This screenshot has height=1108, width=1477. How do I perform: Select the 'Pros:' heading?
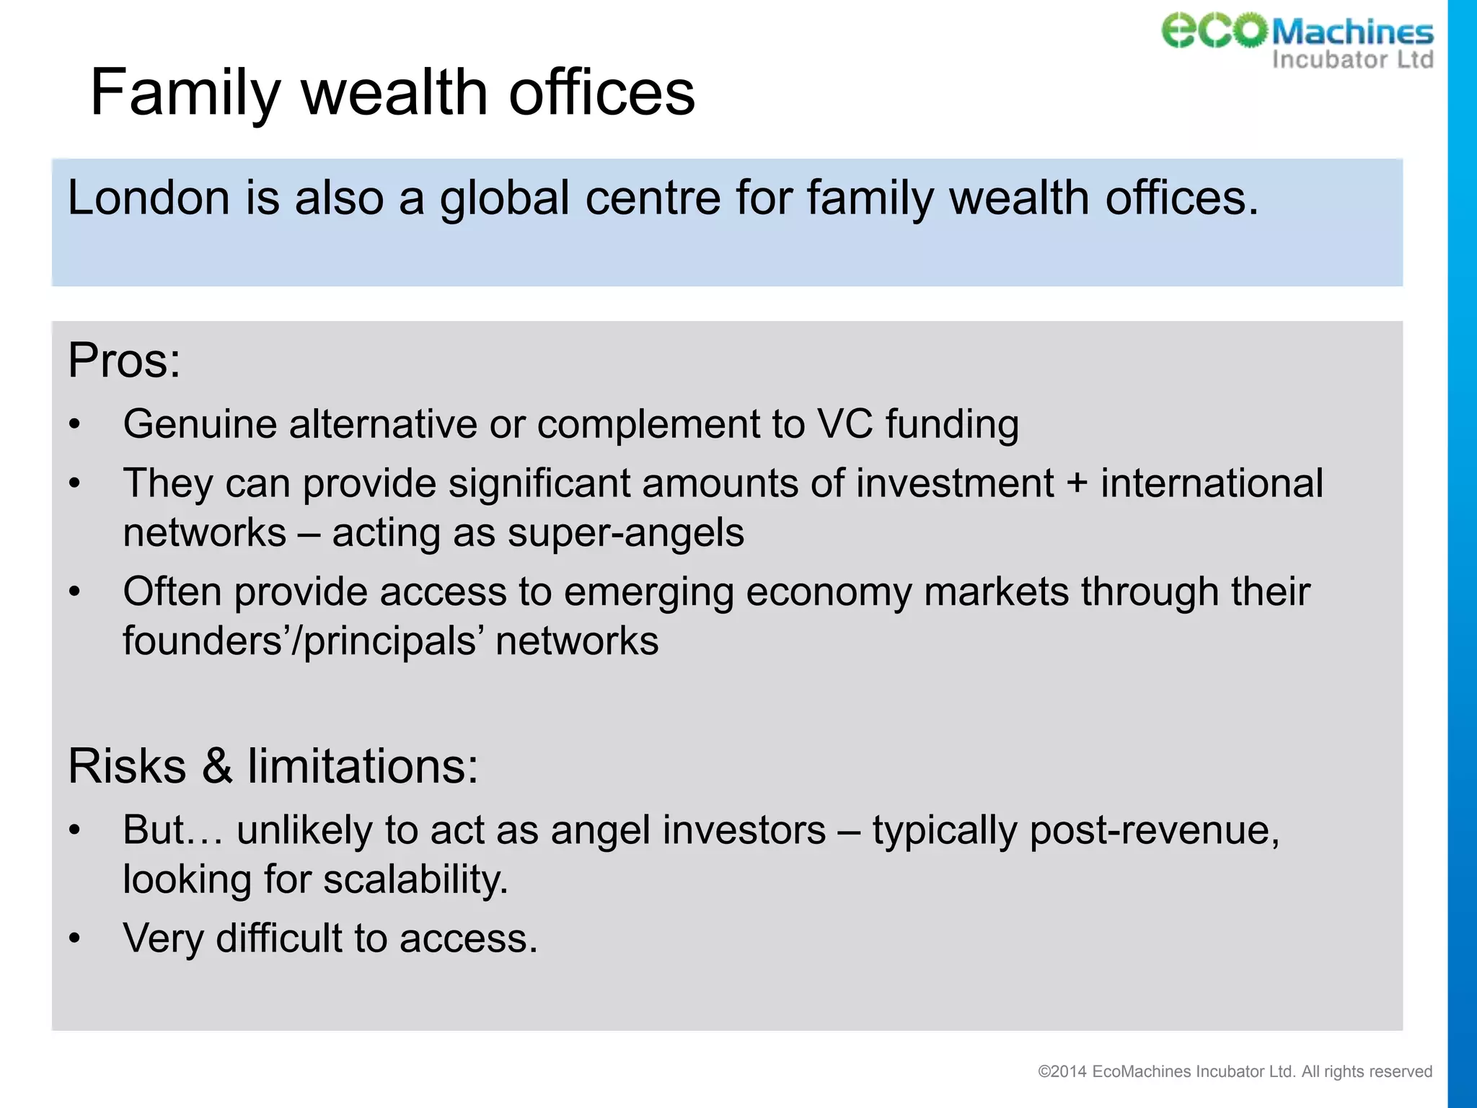point(124,360)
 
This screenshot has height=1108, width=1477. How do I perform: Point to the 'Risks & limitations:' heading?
point(273,765)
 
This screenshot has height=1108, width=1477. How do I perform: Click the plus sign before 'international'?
point(1077,483)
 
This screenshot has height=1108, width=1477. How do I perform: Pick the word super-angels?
point(625,533)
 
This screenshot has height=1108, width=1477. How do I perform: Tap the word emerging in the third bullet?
point(648,592)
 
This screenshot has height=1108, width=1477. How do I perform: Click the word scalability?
point(415,879)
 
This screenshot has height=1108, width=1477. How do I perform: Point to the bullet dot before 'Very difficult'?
point(75,938)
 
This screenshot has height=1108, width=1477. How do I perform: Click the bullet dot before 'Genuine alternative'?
point(75,424)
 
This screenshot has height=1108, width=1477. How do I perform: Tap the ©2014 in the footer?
point(1062,1072)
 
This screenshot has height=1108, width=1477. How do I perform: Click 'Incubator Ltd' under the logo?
point(1352,59)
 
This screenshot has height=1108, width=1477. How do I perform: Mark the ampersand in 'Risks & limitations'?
point(217,766)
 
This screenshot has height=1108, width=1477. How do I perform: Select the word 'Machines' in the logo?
point(1352,32)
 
